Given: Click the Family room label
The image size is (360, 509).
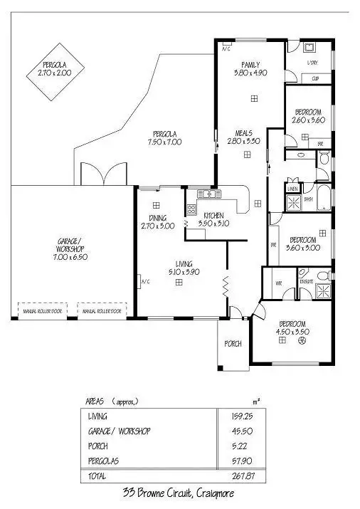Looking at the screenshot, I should click(250, 64).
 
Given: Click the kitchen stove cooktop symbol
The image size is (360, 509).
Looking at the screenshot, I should click(191, 209).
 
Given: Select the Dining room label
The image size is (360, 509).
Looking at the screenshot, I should click(158, 218).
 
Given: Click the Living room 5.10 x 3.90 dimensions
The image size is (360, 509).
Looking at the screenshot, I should click(184, 272).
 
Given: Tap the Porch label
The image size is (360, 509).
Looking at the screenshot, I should click(233, 343).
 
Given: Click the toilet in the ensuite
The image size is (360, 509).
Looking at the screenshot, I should click(322, 274).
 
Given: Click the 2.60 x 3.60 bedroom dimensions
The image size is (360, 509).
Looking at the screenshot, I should click(307, 120).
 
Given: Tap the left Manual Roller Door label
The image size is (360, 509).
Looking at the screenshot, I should click(40, 311).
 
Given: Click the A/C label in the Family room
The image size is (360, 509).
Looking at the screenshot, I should click(226, 50).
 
